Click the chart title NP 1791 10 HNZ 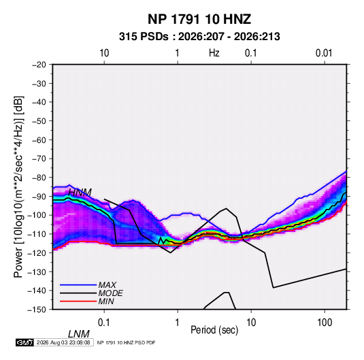(x=199, y=19)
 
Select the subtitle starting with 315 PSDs (x=199, y=37)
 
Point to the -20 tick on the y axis (x=39, y=65)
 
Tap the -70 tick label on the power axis (x=39, y=159)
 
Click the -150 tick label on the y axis (x=37, y=310)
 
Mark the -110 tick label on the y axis (x=37, y=234)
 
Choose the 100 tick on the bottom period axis (x=325, y=323)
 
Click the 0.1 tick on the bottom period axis (x=104, y=323)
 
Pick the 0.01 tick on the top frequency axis (x=324, y=53)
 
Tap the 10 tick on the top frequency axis (x=104, y=53)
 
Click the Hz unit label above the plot (x=214, y=53)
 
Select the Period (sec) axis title (x=214, y=330)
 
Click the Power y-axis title (x=18, y=186)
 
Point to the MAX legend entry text (x=107, y=284)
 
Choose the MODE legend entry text (x=110, y=293)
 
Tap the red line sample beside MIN (x=78, y=301)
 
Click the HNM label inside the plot (x=80, y=193)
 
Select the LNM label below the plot (x=78, y=334)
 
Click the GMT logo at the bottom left (x=25, y=342)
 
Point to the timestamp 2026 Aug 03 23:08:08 (x=63, y=342)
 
